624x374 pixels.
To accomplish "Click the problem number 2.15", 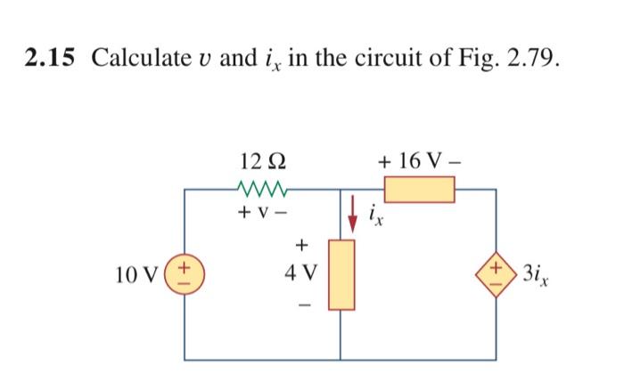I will [x=54, y=59].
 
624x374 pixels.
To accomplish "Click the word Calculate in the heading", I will [x=137, y=59].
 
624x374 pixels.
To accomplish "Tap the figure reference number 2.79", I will [x=533, y=59].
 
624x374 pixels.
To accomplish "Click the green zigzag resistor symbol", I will [x=264, y=190].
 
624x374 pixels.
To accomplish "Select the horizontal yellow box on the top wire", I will [x=419, y=190].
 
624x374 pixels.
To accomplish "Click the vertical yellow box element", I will [x=341, y=273].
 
